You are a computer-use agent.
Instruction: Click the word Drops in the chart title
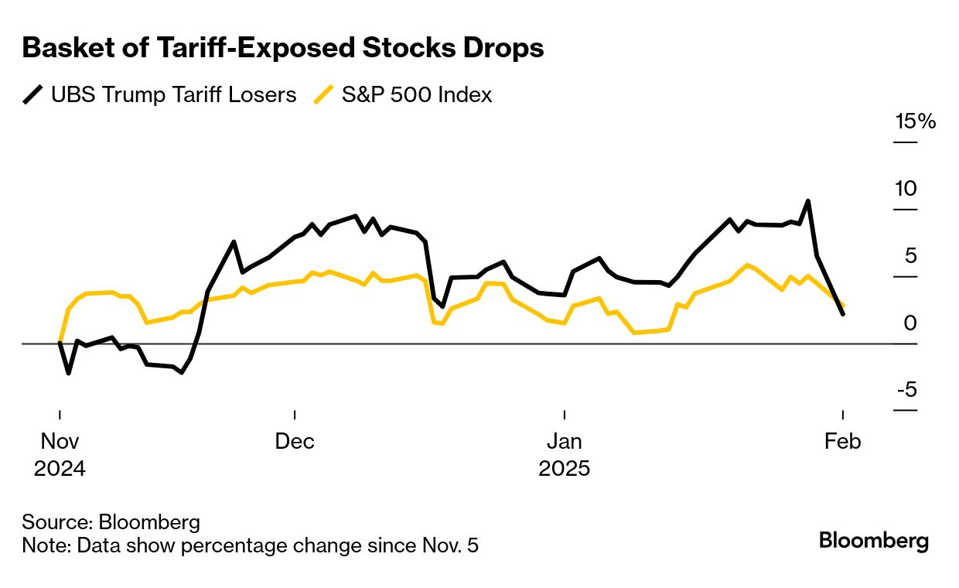[503, 48]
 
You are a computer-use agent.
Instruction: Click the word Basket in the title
[62, 48]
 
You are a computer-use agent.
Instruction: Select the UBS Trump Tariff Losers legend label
[173, 95]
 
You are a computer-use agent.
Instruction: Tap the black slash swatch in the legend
[32, 95]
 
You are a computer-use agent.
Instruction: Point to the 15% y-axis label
[916, 121]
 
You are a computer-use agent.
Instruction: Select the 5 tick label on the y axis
[910, 255]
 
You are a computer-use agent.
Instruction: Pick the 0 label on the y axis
[910, 323]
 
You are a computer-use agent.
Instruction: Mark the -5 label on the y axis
[906, 389]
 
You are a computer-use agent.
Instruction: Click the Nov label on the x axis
[60, 442]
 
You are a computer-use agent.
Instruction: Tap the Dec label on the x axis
[295, 442]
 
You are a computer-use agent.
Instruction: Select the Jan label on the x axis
[565, 442]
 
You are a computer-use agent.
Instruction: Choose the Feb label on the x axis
[842, 442]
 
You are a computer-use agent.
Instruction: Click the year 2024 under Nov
[60, 469]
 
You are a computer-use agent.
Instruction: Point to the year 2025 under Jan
[565, 469]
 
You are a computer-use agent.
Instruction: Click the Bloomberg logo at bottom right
[874, 541]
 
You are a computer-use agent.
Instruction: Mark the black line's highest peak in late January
[808, 201]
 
